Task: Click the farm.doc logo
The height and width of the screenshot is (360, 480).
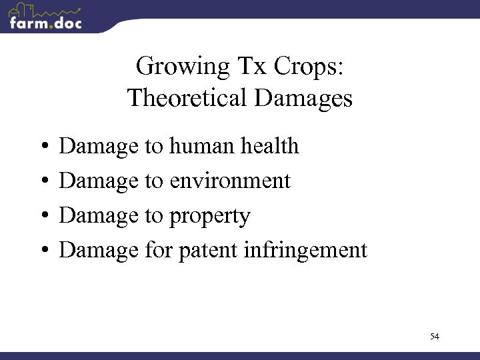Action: (45, 17)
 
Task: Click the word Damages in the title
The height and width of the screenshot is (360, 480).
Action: (303, 99)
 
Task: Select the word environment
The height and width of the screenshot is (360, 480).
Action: (231, 181)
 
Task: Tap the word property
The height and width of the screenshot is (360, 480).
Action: (211, 216)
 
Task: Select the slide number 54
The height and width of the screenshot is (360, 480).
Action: (435, 337)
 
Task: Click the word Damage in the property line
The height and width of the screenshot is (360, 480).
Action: (99, 216)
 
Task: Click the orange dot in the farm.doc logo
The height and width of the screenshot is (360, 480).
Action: (48, 26)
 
